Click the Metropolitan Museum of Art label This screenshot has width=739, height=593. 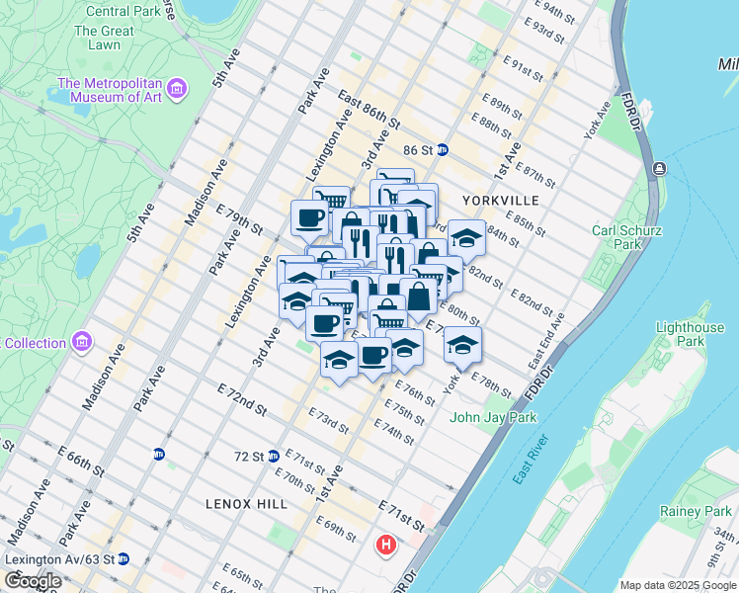pos(110,90)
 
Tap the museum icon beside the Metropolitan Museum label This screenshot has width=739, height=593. pos(177,90)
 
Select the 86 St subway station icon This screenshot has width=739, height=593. pos(443,150)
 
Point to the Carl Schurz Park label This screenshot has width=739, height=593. pos(626,237)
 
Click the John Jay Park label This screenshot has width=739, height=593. pos(493,417)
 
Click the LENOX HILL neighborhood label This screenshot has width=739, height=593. pos(246,503)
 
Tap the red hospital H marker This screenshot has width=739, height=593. pos(386,544)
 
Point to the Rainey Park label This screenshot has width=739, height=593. pos(696,512)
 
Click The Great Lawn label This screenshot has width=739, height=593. pos(104,38)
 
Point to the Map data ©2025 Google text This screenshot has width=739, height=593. pos(677,585)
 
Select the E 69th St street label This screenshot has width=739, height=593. pos(337,528)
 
